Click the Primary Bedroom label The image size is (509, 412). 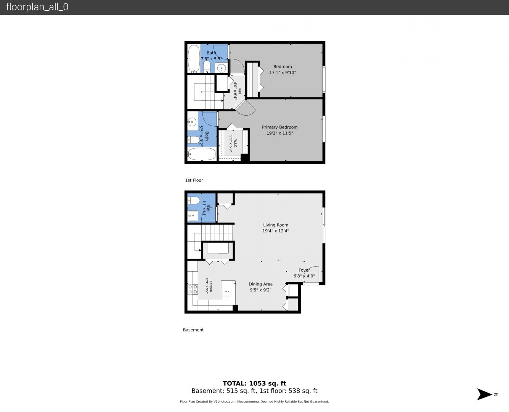click(279, 127)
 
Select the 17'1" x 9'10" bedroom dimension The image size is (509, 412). click(283, 72)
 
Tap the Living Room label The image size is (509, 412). click(276, 225)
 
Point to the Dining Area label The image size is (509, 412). click(260, 284)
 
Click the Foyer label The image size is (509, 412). click(304, 270)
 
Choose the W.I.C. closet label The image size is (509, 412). click(235, 143)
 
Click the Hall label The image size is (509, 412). click(240, 91)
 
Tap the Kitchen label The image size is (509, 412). click(211, 286)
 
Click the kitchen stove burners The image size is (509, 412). click(193, 289)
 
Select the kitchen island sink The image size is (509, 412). click(226, 291)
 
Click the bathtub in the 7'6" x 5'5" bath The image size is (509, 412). click(194, 59)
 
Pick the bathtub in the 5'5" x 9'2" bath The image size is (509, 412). click(202, 154)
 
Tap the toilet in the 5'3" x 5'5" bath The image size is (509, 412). click(194, 200)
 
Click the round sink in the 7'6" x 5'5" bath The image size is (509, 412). click(222, 68)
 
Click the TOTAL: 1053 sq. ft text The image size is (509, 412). click(254, 383)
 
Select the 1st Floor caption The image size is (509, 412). click(194, 180)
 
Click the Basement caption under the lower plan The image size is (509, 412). click(193, 330)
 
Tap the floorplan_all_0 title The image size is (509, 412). click(37, 7)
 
